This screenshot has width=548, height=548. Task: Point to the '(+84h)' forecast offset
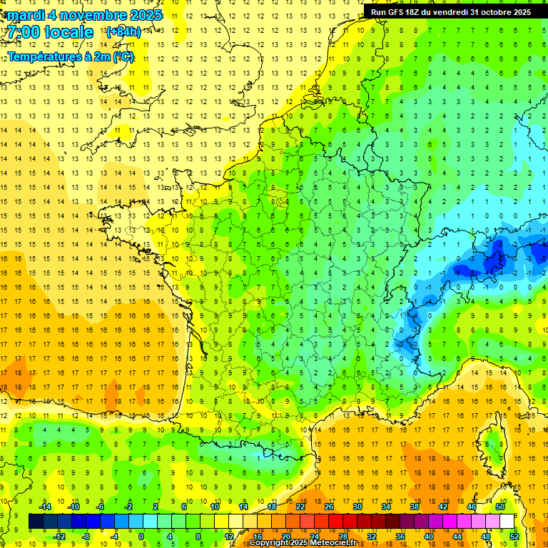(123, 32)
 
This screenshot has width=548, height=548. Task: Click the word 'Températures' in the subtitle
(44, 57)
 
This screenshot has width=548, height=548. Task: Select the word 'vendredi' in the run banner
(449, 12)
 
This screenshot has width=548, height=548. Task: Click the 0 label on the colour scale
(141, 536)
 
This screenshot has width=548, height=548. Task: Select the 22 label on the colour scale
(300, 507)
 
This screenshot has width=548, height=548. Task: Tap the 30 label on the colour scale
(357, 507)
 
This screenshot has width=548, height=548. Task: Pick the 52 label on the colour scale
(514, 536)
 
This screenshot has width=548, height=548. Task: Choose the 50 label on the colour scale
(500, 507)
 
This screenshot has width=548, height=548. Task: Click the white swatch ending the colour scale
(507, 522)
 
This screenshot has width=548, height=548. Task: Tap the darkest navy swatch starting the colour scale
(36, 522)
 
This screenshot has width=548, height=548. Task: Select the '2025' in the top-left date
(146, 14)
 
